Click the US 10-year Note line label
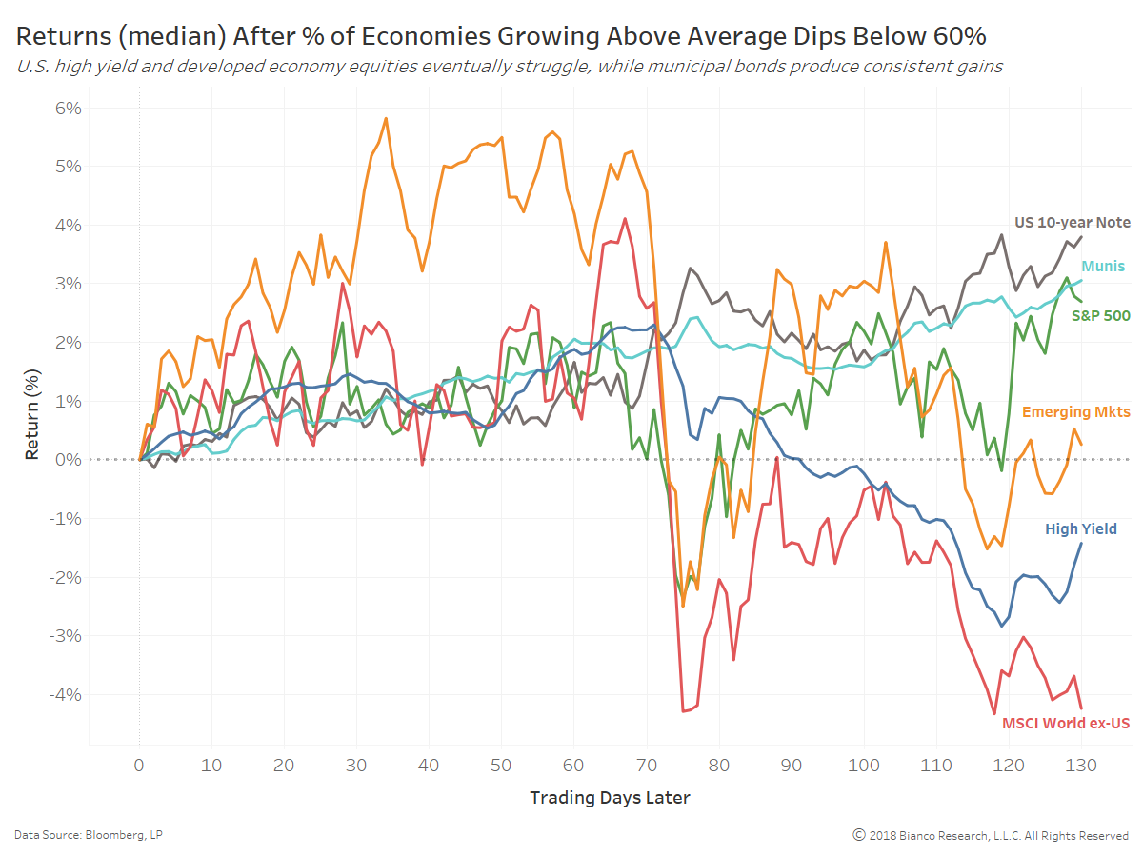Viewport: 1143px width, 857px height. [1073, 223]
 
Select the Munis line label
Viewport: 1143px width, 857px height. [1102, 267]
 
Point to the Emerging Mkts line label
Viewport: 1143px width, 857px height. [1075, 412]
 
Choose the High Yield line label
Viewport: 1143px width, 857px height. [1080, 529]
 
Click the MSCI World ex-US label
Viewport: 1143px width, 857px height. [1066, 724]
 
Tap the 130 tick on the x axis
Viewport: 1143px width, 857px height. [1081, 765]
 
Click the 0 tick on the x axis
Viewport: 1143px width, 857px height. [139, 765]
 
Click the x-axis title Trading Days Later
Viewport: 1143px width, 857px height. [610, 798]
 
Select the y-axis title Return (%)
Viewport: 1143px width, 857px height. [33, 419]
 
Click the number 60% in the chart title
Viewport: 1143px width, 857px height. [958, 36]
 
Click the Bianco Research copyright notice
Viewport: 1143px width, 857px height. [991, 835]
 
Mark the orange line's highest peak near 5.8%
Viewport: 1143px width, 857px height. [386, 119]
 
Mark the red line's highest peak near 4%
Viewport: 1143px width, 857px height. [625, 219]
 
